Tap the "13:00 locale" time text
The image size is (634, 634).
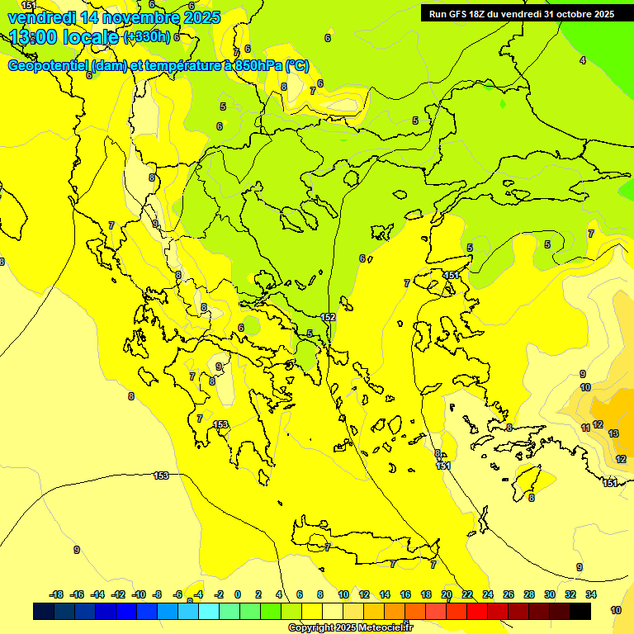point(64,37)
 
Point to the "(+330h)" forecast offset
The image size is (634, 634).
point(147,37)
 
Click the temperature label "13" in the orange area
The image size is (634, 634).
point(613,433)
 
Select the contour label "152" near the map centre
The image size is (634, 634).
point(328,317)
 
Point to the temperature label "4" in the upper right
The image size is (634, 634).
point(582,60)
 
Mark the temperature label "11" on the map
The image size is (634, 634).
point(585,428)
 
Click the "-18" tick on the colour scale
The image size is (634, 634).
point(56,594)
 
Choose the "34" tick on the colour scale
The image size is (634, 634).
point(591,594)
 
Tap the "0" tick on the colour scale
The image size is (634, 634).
point(238,594)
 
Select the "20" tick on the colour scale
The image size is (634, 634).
point(447,594)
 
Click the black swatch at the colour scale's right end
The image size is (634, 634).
point(580,611)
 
